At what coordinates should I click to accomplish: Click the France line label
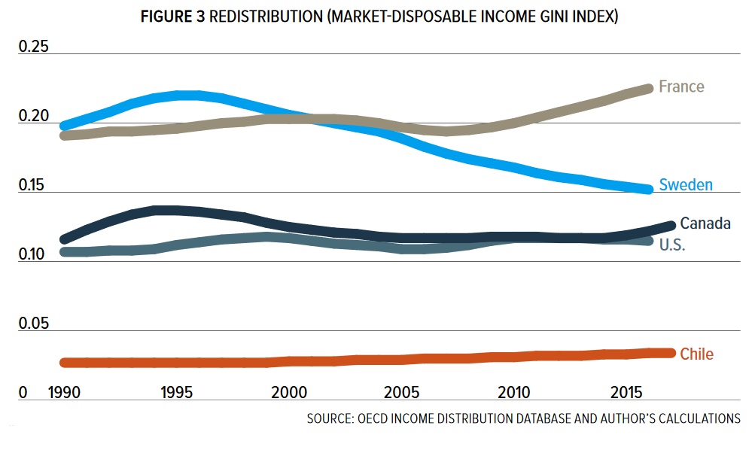pos(681,87)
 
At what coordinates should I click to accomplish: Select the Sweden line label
pos(686,184)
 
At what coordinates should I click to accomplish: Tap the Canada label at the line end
pos(705,223)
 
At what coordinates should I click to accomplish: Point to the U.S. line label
pos(672,245)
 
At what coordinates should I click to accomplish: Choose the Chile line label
pos(696,354)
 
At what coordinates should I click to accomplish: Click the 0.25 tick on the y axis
pos(33,47)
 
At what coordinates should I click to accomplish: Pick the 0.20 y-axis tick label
pos(33,117)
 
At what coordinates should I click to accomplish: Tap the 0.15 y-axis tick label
pos(33,186)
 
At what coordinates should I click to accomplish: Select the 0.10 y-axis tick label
pos(33,255)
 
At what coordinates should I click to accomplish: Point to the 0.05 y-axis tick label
pos(33,324)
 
